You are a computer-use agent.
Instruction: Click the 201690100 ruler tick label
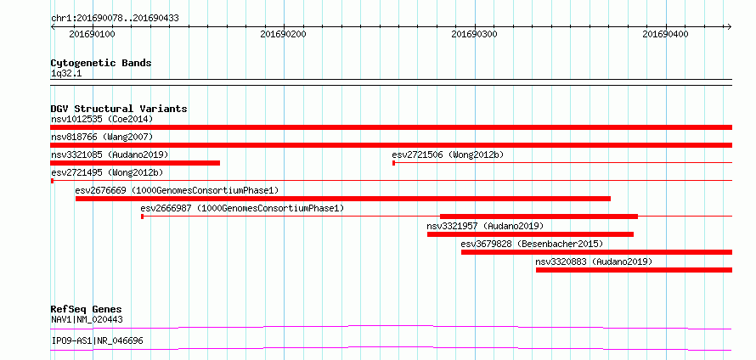pyautogui.click(x=92, y=34)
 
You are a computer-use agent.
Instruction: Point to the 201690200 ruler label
pyautogui.click(x=283, y=34)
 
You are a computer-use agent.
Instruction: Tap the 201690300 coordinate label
pyautogui.click(x=475, y=34)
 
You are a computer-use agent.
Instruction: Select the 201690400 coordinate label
pyautogui.click(x=665, y=34)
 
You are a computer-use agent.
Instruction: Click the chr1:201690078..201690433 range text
pyautogui.click(x=115, y=19)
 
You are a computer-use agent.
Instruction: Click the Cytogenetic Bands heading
pyautogui.click(x=101, y=63)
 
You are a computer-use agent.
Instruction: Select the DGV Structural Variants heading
pyautogui.click(x=119, y=109)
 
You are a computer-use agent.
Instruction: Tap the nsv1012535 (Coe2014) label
pyautogui.click(x=102, y=119)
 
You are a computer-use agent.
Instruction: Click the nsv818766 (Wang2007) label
pyautogui.click(x=102, y=137)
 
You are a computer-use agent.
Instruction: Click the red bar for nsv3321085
pyautogui.click(x=135, y=163)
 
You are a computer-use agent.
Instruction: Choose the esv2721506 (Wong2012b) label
pyautogui.click(x=448, y=155)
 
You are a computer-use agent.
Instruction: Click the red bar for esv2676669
pyautogui.click(x=343, y=199)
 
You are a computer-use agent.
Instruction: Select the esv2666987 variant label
pyautogui.click(x=242, y=208)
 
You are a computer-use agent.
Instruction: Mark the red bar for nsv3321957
pyautogui.click(x=530, y=234)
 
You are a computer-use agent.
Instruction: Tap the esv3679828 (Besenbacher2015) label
pyautogui.click(x=532, y=244)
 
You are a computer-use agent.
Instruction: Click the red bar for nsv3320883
pyautogui.click(x=634, y=270)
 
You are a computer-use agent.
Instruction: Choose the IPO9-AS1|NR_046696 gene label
pyautogui.click(x=97, y=341)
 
